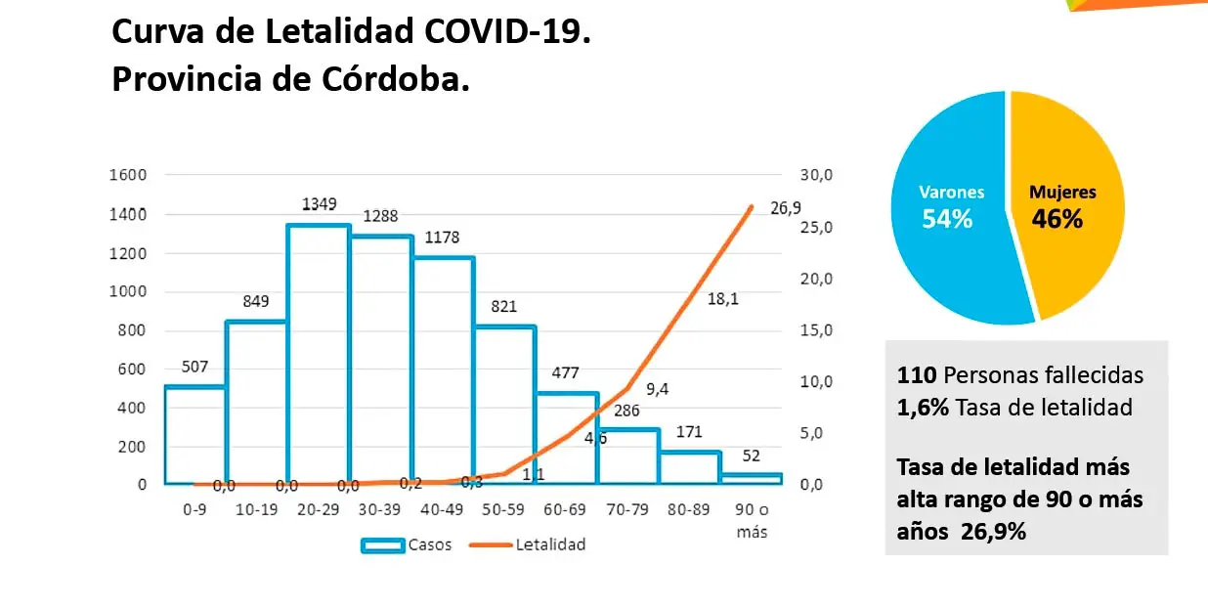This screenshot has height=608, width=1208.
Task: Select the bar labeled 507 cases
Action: coord(195,434)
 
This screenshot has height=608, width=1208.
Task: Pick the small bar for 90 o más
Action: coord(752,478)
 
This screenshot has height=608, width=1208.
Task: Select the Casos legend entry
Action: coord(407,544)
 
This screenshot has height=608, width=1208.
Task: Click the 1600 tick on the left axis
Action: coord(128,175)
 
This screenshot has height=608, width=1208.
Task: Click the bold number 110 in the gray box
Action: coord(913,375)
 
